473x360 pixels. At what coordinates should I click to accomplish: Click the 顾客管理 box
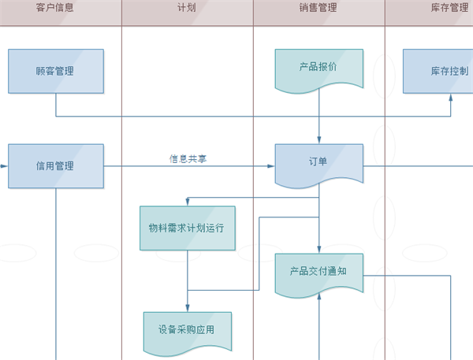coord(55,71)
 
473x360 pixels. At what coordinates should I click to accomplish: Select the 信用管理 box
coord(55,166)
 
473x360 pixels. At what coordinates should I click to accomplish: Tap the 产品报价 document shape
coord(318,68)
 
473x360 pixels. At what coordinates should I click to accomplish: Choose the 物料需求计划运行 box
coord(187,228)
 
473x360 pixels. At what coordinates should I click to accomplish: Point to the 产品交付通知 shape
coord(318,272)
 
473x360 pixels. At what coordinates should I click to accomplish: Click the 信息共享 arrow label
coord(188,158)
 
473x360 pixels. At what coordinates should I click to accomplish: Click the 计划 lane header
coord(187,8)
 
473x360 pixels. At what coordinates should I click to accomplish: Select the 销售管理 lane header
coord(318,8)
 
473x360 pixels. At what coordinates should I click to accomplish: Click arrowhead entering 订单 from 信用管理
coord(270,166)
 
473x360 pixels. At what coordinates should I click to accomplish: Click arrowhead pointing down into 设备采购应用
coord(187,308)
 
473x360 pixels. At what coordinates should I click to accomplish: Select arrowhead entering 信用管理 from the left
coord(4,166)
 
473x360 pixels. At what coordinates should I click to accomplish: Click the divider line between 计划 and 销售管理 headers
coord(253,12)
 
